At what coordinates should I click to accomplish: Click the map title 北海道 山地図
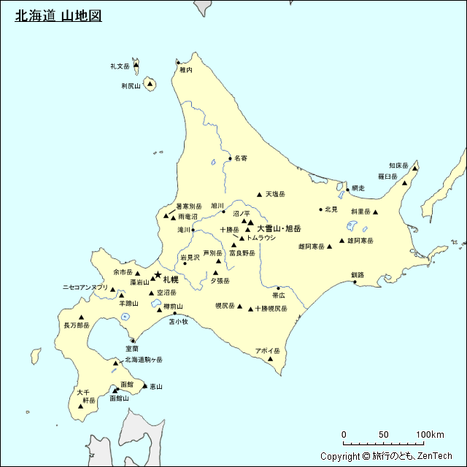(58, 16)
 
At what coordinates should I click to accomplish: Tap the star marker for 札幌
(158, 274)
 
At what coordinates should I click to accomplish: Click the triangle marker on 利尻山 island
(150, 85)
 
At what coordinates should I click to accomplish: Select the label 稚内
(186, 71)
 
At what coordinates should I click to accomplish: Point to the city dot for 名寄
(230, 158)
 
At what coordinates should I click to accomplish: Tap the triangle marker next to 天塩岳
(259, 194)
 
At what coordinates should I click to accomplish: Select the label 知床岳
(398, 165)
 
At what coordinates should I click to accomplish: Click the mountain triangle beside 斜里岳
(377, 212)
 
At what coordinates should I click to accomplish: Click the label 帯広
(278, 296)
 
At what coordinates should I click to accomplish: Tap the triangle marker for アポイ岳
(271, 358)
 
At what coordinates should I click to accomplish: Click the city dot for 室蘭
(133, 341)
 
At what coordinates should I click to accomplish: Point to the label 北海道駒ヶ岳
(144, 360)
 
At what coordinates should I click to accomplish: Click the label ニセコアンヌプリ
(85, 287)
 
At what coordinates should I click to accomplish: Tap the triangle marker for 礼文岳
(136, 66)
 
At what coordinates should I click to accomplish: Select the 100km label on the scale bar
(430, 435)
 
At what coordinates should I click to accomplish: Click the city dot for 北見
(320, 209)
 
